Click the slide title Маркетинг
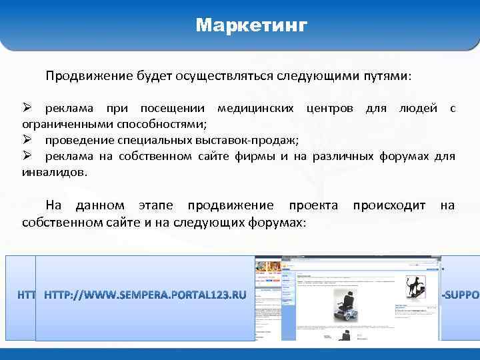tap(251, 26)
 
